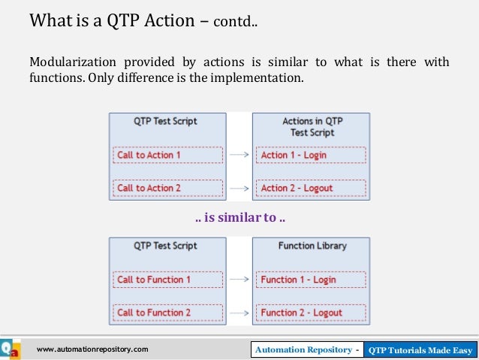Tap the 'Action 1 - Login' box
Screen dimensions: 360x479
(311, 155)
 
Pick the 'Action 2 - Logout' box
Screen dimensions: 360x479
(311, 188)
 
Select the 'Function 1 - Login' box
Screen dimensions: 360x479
(311, 280)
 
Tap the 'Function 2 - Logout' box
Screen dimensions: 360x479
(311, 313)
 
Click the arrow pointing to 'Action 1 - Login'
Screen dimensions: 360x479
(239, 156)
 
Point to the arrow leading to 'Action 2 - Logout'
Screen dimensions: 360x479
(239, 188)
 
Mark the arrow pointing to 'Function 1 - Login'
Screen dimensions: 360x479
(239, 280)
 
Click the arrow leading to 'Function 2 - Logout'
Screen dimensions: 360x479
(239, 313)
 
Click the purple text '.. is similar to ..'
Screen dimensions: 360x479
(239, 219)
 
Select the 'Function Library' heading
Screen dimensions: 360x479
(311, 246)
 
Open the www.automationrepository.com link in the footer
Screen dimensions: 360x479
(92, 349)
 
